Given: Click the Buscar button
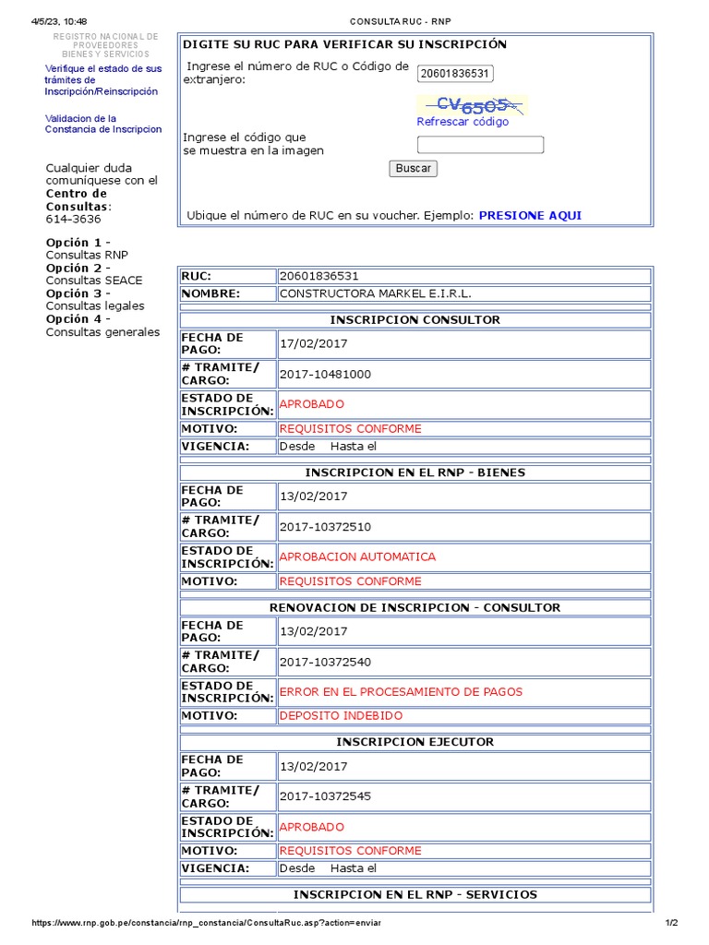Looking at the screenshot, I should coord(413,168).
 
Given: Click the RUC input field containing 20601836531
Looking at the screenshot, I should coord(455,74).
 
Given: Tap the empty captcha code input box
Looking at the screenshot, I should coord(480,145).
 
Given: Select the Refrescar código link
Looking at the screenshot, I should coord(463,122).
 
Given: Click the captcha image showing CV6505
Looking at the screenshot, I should coord(472,104).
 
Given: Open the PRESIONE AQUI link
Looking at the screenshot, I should coord(530,215).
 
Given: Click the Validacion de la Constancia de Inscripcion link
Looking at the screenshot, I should coord(103,124).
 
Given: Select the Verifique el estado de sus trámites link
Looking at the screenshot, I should coord(102,80).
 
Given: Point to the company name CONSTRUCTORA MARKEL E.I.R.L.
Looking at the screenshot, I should coord(375,293).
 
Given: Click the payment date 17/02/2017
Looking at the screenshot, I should coord(313,344).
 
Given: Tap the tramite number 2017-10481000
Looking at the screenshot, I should coord(325,374).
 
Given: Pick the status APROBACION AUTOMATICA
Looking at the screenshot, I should coord(357,556).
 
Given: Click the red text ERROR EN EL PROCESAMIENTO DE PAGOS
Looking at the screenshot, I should coord(401,691).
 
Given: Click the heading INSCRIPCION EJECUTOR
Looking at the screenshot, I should coord(415,742).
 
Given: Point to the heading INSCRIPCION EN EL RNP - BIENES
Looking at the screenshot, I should coord(415,472).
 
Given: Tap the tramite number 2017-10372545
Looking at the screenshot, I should coord(325,795).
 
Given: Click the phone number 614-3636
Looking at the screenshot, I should coord(74,220).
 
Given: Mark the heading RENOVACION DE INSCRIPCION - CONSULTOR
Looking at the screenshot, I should coord(415,607).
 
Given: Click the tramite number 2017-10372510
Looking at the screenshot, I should coord(325,526).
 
